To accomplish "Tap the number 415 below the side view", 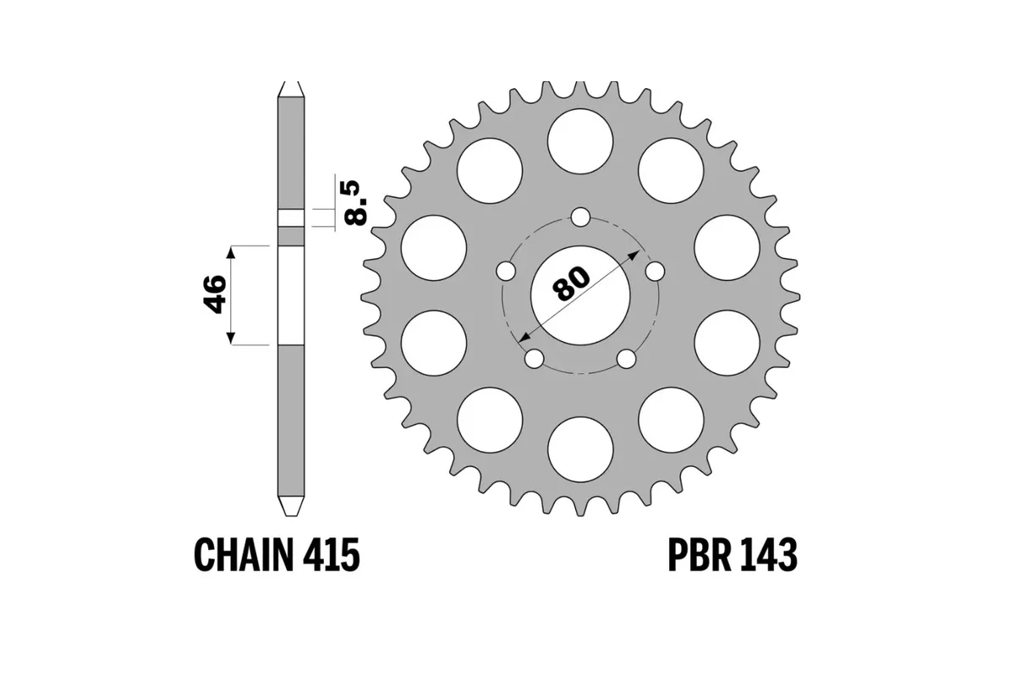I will tap(332, 555).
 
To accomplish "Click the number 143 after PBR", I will tap(767, 555).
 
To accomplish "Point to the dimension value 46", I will tap(216, 294).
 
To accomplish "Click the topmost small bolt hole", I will tap(580, 217).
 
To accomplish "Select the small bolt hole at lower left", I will tap(534, 359).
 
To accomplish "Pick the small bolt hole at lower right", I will tap(626, 359).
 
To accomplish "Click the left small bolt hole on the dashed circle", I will tap(505, 271).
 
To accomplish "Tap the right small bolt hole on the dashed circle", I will tap(656, 271).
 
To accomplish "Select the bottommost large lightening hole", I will tap(580, 450).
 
